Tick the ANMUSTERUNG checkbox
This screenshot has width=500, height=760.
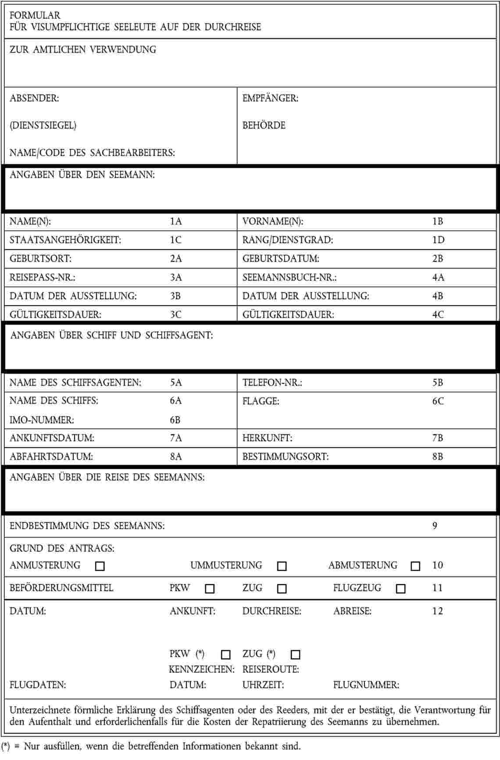click(x=100, y=566)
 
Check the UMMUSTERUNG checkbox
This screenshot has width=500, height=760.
click(x=282, y=566)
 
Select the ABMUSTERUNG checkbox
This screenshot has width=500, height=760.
click(x=415, y=566)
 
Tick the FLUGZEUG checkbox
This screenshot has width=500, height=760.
click(x=400, y=589)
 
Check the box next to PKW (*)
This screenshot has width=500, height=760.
click(x=226, y=654)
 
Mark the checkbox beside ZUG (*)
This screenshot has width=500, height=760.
click(x=296, y=654)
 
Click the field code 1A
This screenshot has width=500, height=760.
click(x=176, y=221)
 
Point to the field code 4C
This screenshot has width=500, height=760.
click(x=438, y=315)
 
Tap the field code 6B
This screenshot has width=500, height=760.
click(x=175, y=420)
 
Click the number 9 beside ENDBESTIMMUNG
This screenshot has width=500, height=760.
click(x=435, y=526)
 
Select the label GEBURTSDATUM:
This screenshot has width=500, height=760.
click(x=281, y=259)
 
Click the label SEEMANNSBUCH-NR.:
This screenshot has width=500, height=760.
click(x=289, y=277)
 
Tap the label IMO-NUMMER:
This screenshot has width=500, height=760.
click(x=42, y=420)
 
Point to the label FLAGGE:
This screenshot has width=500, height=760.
click(x=261, y=401)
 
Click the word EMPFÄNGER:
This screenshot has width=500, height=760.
click(x=270, y=98)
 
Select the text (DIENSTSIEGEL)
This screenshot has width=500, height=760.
click(x=43, y=125)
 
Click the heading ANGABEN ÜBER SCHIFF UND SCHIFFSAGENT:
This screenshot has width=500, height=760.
click(x=111, y=336)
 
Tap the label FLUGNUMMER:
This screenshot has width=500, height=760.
click(x=366, y=685)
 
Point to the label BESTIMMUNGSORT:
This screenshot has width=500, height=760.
click(x=286, y=456)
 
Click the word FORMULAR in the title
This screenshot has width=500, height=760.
click(x=35, y=15)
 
